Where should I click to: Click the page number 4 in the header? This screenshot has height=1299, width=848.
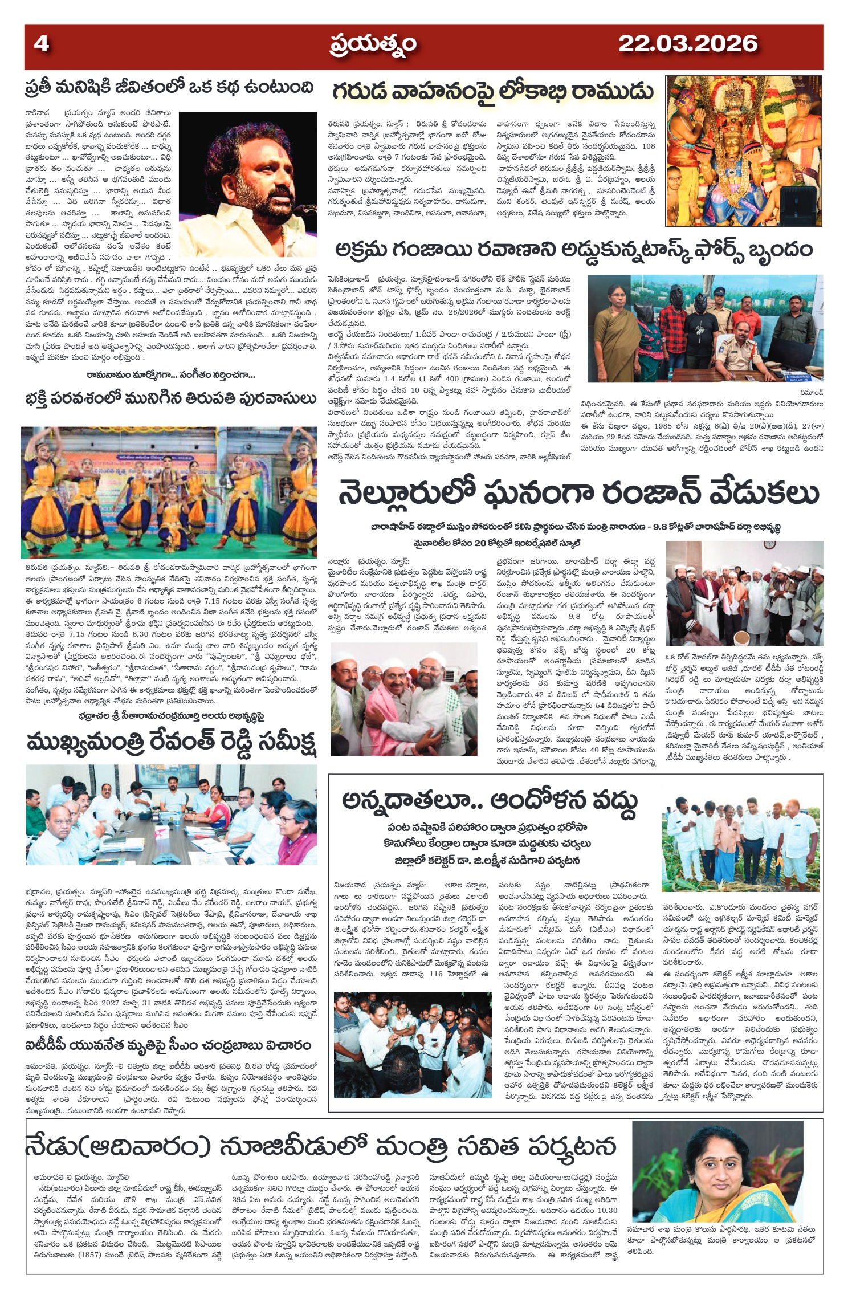pos(41,44)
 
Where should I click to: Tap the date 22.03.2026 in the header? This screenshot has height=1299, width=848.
pos(687,44)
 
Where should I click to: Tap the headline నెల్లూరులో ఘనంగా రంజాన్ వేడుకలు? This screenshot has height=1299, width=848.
pos(578,493)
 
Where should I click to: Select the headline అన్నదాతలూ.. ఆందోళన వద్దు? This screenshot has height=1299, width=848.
pos(489,800)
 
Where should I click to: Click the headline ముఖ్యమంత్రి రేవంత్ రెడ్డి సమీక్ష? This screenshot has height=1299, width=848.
pos(170,743)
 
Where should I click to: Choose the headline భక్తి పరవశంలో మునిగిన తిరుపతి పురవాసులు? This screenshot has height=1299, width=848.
pos(170,397)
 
